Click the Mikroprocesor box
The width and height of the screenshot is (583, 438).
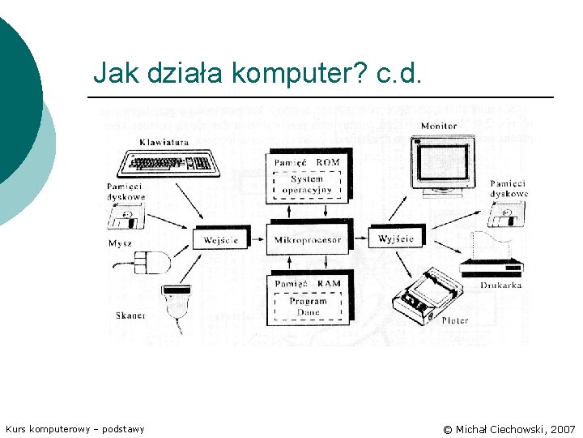pos(308,240)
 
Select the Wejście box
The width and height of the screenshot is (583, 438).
pos(221,240)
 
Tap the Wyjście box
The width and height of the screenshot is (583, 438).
pos(396,239)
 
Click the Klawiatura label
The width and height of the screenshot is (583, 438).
pos(164,142)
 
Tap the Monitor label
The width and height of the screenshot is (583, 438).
pos(439,126)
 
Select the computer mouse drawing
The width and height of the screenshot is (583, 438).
pos(154,262)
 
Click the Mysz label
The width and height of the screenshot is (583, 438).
pos(120,243)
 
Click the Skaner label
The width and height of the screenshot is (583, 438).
pos(130,316)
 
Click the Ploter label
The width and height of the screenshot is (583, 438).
pos(454,320)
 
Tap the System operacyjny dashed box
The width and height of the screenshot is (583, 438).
pos(307,185)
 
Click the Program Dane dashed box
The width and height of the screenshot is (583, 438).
pos(308,306)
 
